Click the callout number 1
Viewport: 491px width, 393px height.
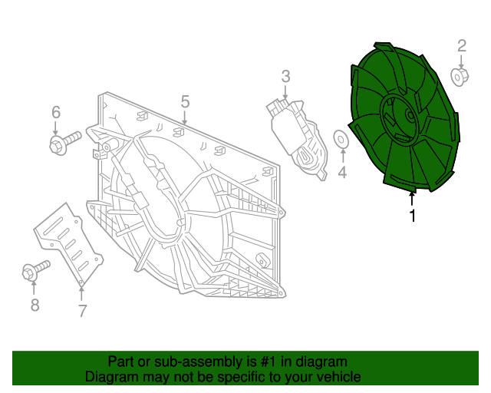point(413,215)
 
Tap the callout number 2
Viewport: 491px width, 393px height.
point(462,46)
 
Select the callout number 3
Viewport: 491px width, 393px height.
point(285,76)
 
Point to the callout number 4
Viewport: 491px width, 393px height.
point(342,173)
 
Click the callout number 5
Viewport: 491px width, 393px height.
point(185,102)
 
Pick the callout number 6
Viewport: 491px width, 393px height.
point(56,112)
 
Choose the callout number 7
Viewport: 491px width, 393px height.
point(82,311)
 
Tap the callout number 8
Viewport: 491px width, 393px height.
point(35,305)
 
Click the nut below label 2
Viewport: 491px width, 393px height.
point(460,77)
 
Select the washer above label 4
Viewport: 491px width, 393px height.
point(341,139)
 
